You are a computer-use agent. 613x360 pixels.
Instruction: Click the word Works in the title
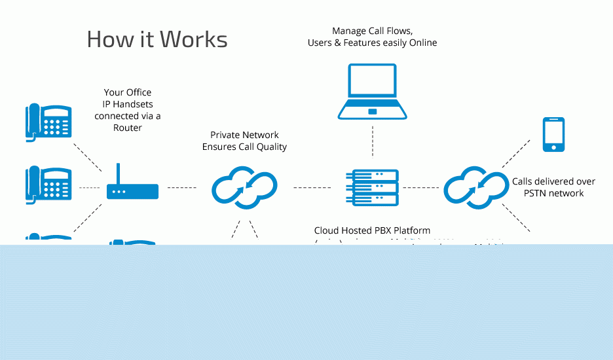point(194,39)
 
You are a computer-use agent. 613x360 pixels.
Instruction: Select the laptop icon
point(373,92)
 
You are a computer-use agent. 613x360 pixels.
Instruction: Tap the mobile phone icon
point(553,135)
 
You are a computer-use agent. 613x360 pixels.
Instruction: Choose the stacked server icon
point(373,188)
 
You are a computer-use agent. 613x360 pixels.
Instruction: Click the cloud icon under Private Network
point(244,188)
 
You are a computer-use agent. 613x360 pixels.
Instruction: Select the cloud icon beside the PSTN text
point(477,187)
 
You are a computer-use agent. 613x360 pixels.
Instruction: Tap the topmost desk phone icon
point(48,122)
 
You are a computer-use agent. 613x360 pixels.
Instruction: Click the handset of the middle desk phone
point(32,184)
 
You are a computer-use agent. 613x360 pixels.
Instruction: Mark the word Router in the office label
point(127,128)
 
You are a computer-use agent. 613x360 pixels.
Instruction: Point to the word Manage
point(348,31)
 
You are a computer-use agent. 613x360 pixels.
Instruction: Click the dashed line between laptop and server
point(373,141)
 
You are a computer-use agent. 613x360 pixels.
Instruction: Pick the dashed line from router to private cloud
point(181,188)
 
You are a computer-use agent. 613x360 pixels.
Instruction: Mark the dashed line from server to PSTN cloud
point(419,188)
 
